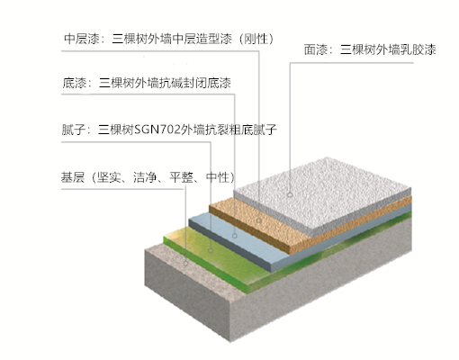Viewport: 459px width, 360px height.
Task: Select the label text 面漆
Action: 316,49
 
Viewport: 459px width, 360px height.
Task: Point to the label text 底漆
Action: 74,83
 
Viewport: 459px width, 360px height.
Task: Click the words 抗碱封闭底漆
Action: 195,83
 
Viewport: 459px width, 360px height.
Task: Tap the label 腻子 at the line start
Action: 74,130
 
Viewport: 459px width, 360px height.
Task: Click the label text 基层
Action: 73,177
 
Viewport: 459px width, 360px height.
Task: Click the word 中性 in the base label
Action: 218,177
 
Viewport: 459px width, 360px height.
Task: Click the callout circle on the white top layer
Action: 290,195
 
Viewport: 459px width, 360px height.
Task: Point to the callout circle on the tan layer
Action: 259,220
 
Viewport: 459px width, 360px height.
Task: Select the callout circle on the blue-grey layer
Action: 235,236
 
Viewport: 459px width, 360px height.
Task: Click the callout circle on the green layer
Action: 211,250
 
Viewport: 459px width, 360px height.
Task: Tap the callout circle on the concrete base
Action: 185,263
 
